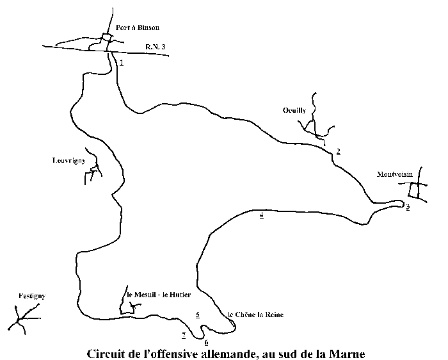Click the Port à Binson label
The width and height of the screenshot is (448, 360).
[x=138, y=28]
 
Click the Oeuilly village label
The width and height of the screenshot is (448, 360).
[x=294, y=110]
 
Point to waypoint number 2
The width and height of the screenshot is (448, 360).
[x=337, y=151]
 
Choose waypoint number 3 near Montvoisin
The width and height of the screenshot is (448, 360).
[x=407, y=208]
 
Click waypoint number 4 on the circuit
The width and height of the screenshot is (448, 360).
[x=261, y=215]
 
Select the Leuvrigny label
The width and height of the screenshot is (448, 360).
[x=69, y=161]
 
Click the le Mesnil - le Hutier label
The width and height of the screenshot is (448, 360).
[x=159, y=294]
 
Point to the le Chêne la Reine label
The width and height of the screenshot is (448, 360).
[x=255, y=315]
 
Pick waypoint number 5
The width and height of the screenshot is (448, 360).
[x=198, y=315]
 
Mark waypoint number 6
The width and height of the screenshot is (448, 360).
[x=206, y=343]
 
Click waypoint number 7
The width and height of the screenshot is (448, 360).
[x=184, y=335]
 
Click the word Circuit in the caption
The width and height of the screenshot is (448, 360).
[x=105, y=353]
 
